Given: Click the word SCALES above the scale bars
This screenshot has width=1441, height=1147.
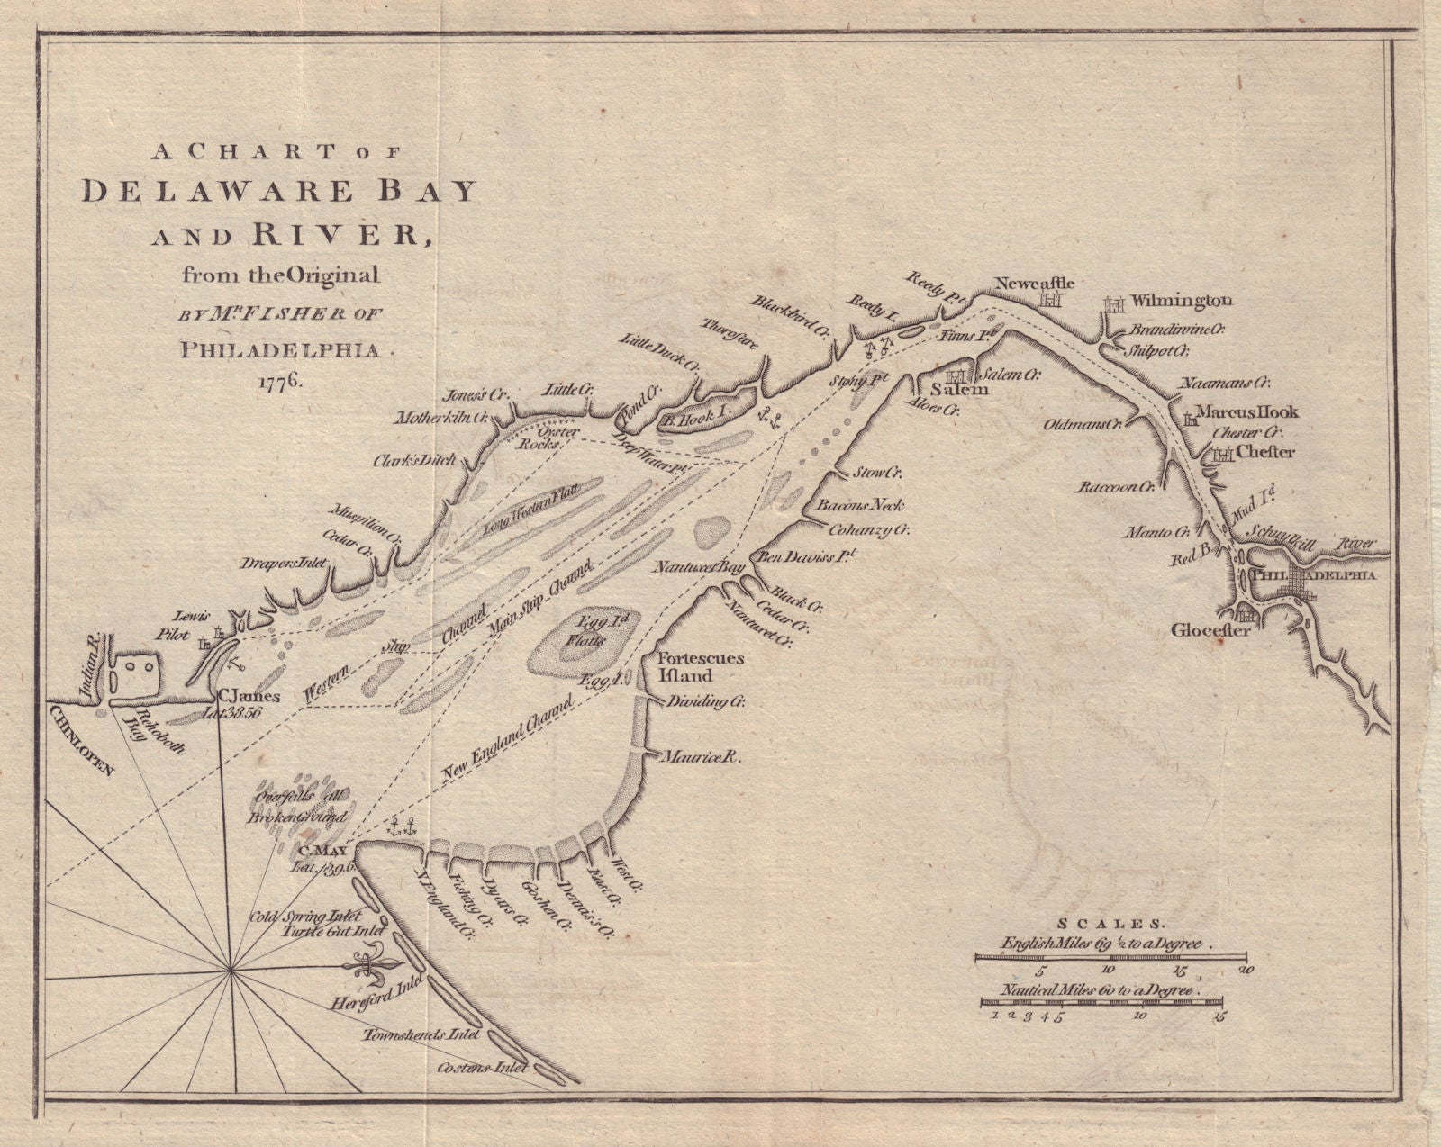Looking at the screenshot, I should (x=1110, y=923).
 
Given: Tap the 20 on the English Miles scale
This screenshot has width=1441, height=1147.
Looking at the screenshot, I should (x=1246, y=971).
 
